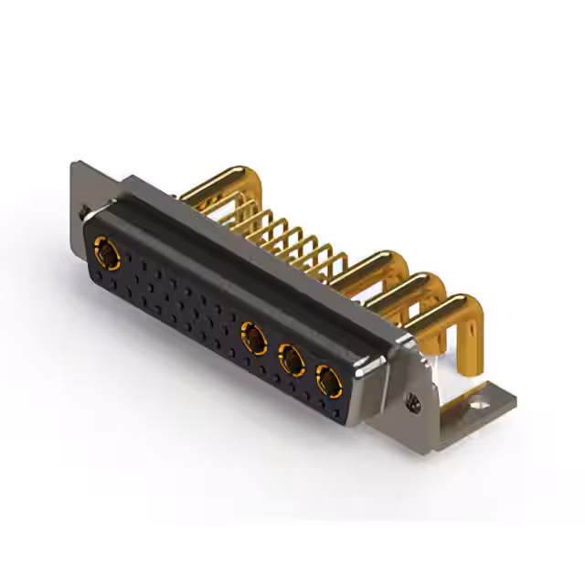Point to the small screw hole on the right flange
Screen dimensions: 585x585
tap(414, 399)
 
